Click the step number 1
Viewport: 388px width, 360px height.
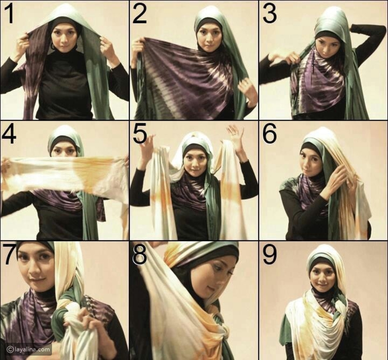tap(9, 14)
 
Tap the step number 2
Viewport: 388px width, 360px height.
tap(140, 14)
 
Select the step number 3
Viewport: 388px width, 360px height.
tap(270, 14)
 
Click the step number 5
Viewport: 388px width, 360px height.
tap(140, 134)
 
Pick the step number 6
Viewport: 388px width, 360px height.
tap(269, 134)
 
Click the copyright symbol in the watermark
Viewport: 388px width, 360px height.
tap(10, 350)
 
